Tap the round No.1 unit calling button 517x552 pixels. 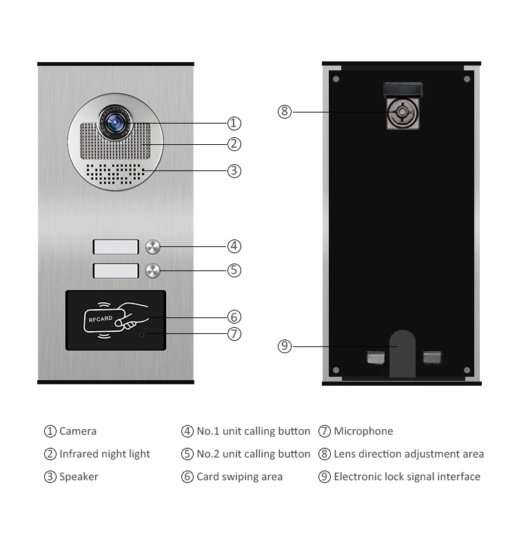153,246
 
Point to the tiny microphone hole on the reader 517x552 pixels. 142,335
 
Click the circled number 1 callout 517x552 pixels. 234,124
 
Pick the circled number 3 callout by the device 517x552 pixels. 234,170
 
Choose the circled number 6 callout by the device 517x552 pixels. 234,317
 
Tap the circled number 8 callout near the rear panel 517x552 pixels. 285,111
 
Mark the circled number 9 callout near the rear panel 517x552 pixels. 285,346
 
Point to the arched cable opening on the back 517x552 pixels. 403,353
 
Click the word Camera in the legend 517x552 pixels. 78,431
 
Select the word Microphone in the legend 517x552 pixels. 363,431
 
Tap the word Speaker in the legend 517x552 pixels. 79,477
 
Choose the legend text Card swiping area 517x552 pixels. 239,477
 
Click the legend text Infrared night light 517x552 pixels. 104,454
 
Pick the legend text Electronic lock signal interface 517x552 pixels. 407,477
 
